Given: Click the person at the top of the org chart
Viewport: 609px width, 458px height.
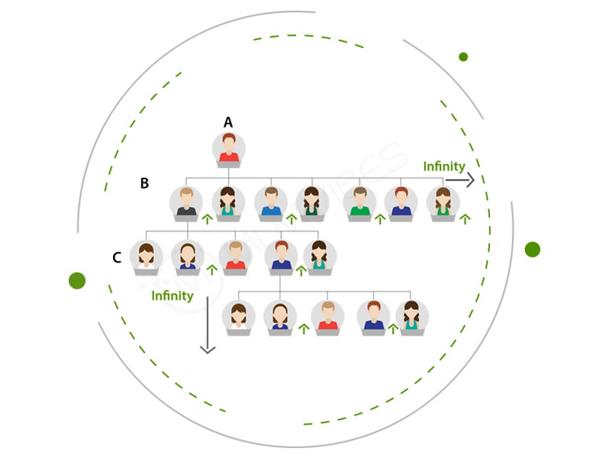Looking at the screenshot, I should [x=228, y=148].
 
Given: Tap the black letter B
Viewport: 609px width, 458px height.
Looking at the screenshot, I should [x=144, y=183].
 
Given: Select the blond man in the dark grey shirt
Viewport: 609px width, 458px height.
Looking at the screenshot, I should [x=186, y=202].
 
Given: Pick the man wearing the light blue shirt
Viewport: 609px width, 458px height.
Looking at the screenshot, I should [x=271, y=202].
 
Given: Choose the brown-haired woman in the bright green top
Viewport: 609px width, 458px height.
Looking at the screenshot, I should [x=443, y=202].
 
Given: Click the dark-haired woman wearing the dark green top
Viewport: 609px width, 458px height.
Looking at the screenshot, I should [x=311, y=202].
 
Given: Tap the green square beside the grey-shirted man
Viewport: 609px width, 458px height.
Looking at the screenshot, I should [x=208, y=221].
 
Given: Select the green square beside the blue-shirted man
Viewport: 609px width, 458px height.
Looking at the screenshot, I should [x=291, y=221].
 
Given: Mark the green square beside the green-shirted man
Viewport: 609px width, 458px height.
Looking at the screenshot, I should [x=380, y=220].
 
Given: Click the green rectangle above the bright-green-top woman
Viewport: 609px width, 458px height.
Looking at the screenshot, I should [x=443, y=166].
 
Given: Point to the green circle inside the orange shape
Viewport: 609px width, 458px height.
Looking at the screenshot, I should [x=79, y=282].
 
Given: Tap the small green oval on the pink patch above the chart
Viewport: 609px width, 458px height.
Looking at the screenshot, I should [x=463, y=56].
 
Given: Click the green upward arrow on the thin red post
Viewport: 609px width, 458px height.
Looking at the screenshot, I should [x=393, y=329].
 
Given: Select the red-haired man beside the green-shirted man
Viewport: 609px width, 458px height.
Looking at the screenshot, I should [x=401, y=202].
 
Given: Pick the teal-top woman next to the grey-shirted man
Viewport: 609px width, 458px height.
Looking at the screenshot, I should [x=228, y=202].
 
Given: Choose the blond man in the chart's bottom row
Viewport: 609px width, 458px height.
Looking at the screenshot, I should [x=327, y=315].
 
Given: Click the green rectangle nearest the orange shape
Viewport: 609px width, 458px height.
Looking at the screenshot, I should [x=172, y=298].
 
